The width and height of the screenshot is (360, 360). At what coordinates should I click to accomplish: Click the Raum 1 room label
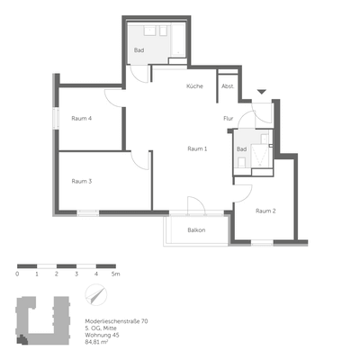pyautogui.click(x=197, y=148)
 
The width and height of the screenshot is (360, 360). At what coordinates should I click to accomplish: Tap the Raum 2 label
pyautogui.click(x=265, y=211)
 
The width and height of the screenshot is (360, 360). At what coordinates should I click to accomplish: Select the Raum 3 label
pyautogui.click(x=82, y=181)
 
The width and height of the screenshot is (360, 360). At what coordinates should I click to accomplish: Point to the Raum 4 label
pyautogui.click(x=82, y=118)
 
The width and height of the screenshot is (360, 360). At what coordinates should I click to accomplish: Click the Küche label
pyautogui.click(x=194, y=86)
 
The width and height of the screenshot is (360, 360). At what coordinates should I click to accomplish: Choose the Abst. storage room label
pyautogui.click(x=228, y=86)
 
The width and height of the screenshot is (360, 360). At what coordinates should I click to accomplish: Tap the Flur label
pyautogui.click(x=229, y=118)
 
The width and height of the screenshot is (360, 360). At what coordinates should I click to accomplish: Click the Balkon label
pyautogui.click(x=196, y=230)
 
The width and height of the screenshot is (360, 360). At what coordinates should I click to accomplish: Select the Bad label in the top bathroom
pyautogui.click(x=139, y=51)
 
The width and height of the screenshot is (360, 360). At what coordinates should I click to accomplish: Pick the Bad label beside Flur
pyautogui.click(x=241, y=148)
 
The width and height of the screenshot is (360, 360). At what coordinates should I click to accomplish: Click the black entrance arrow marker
pyautogui.click(x=261, y=92)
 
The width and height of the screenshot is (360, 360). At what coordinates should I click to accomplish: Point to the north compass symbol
pyautogui.click(x=93, y=297)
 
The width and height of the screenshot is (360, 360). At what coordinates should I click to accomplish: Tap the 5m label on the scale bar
pyautogui.click(x=115, y=273)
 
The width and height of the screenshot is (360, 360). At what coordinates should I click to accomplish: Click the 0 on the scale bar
pyautogui.click(x=17, y=273)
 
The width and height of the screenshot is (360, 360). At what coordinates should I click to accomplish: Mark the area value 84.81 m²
pyautogui.click(x=96, y=343)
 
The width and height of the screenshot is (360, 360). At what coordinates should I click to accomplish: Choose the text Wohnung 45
pyautogui.click(x=100, y=336)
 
